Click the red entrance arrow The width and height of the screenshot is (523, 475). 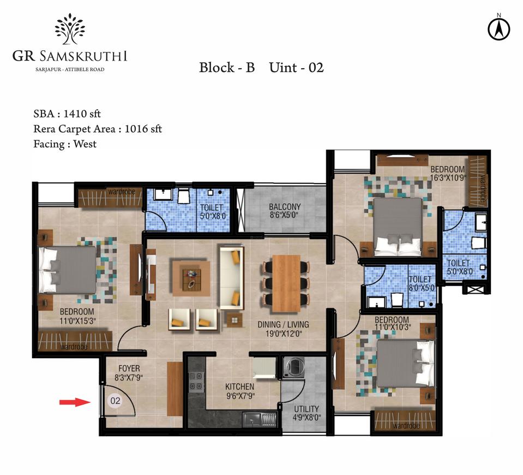(75, 402)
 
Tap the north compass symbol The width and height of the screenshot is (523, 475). (498, 29)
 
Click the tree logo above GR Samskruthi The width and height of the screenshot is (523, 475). (70, 29)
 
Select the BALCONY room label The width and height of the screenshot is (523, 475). (285, 207)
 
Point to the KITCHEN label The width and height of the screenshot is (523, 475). (239, 387)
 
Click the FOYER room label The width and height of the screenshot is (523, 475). (129, 369)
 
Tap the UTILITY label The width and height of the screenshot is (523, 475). (306, 409)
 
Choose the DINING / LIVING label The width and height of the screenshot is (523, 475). (283, 324)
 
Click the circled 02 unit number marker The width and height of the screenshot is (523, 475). (115, 401)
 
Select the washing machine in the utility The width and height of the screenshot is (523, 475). (293, 367)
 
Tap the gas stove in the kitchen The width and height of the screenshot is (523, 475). (196, 382)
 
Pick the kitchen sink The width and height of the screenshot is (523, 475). (260, 419)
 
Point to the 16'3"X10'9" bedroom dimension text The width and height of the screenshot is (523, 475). (448, 177)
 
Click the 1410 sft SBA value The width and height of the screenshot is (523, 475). (82, 114)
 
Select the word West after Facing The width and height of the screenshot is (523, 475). (85, 144)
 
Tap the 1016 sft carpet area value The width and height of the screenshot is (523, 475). (143, 129)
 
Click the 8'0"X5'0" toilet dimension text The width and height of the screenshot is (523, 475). (422, 288)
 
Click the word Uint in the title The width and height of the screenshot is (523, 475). (283, 68)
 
